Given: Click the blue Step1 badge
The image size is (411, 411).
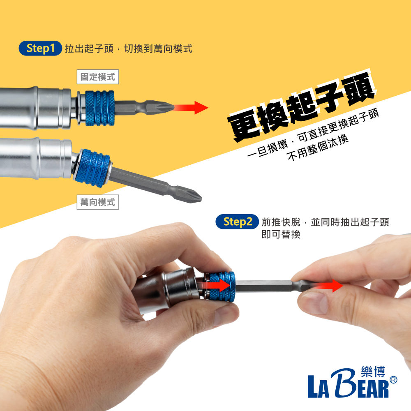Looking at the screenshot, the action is click(x=40, y=48).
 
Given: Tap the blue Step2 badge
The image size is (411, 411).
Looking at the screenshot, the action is click(x=237, y=222).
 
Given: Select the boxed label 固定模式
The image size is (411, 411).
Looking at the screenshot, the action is click(x=98, y=77).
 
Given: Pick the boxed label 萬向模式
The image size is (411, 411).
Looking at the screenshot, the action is click(x=98, y=202).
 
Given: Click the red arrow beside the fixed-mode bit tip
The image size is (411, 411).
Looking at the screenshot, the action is click(x=191, y=107).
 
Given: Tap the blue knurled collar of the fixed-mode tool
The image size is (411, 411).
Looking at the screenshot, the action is click(x=100, y=108).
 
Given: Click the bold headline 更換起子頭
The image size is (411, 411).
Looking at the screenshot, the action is click(x=301, y=107).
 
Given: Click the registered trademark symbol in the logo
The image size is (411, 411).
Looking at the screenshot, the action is click(x=393, y=380).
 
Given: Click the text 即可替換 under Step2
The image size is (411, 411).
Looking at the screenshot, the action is click(x=281, y=234).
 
